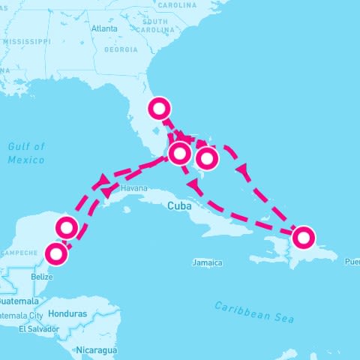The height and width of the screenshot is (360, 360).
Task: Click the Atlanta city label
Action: pos(104,28)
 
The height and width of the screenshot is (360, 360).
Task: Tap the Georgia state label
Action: pos(121,49)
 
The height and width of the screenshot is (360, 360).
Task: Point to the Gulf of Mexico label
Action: pos(26,153)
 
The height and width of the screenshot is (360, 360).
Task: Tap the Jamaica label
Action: pos(207,263)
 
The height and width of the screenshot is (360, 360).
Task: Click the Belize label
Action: pos(42,276)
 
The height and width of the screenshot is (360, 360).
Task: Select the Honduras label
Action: pos(67,313)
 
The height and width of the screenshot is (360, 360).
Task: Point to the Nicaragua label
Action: pos(96,350)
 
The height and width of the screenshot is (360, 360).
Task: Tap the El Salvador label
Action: pos(37,329)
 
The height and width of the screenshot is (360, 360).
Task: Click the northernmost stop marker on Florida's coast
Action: pos(159,109)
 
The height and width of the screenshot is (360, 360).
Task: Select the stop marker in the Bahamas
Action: pos(207,158)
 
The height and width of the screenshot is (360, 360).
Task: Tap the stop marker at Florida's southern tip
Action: pos(179,154)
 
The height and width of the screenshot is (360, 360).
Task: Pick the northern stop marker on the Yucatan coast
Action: pos(67,226)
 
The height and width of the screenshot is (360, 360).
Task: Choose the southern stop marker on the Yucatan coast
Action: pos(57,253)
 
